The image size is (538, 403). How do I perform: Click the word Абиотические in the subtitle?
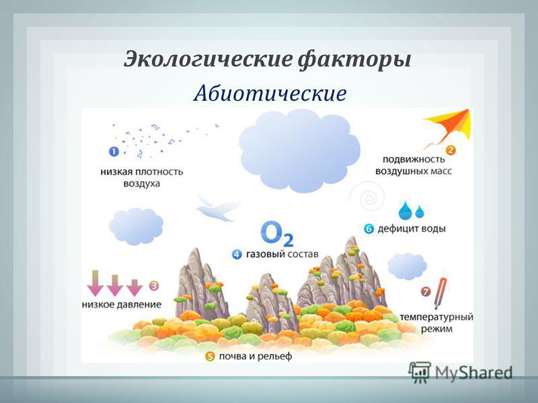tap(270, 93)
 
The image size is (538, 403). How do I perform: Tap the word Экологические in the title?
tap(207, 60)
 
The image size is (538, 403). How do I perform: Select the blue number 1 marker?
tap(114, 151)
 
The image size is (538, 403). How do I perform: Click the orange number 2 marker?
tap(450, 150)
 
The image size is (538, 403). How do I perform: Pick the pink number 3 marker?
tap(154, 285)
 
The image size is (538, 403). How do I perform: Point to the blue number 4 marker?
tap(237, 255)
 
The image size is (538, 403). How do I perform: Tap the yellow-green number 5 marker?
tap(210, 357)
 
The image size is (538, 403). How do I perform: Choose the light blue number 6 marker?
tap(369, 228)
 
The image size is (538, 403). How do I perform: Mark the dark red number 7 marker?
tap(426, 292)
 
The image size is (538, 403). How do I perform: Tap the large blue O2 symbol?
tap(277, 234)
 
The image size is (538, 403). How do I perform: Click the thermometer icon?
tap(440, 294)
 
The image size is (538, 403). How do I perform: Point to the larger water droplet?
tap(406, 210)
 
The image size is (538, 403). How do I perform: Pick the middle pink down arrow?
tap(114, 285)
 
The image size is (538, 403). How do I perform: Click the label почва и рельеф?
tap(256, 357)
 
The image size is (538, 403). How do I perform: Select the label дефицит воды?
tap(412, 228)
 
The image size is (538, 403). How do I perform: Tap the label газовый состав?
tap(282, 255)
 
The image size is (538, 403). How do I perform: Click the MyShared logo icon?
tap(419, 372)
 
